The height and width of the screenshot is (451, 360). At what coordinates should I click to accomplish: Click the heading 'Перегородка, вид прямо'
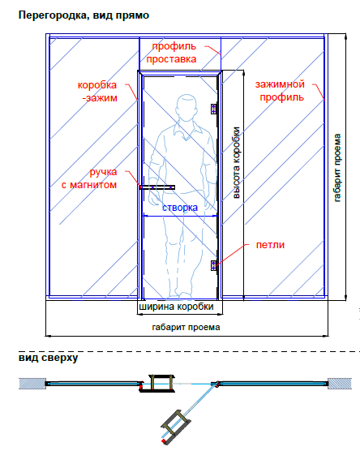[x=84, y=15]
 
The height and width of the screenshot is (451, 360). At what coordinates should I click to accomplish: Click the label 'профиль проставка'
[x=171, y=53]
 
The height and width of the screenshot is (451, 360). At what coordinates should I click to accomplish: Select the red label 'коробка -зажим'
[x=97, y=92]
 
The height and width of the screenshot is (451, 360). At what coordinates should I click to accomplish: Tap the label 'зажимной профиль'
[x=280, y=91]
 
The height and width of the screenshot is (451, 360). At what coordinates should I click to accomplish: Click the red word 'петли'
[x=270, y=245]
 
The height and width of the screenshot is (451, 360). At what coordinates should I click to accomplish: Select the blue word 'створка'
[x=180, y=208]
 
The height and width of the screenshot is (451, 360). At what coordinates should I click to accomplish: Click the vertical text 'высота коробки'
[x=236, y=163]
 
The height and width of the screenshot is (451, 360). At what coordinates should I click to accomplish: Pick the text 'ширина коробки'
[x=176, y=307]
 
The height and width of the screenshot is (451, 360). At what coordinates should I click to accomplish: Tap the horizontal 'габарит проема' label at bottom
[x=186, y=327]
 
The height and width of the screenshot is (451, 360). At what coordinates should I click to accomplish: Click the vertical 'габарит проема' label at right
[x=337, y=168]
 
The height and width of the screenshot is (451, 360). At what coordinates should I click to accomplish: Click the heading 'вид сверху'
[x=49, y=358]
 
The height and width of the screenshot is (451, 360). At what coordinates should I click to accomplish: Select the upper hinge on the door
[x=213, y=109]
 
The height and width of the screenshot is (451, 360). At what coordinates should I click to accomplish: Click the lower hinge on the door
[x=213, y=265]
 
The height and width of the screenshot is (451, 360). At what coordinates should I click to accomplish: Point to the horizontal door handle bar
[x=157, y=187]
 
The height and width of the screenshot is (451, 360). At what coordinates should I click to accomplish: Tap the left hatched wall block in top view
[x=32, y=384]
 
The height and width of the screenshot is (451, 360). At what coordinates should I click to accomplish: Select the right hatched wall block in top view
[x=340, y=384]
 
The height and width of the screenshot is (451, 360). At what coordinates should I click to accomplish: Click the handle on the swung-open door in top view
[x=175, y=427]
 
